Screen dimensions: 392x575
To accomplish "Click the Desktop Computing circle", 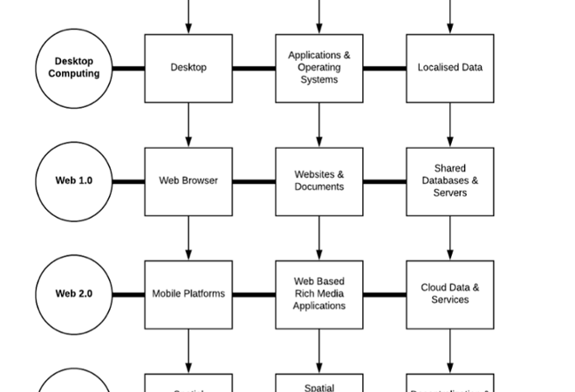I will tap(74, 68).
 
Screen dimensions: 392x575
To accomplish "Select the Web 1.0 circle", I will tap(74, 181).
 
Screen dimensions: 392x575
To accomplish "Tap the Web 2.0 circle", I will tap(74, 294).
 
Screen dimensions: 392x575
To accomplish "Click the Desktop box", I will tap(188, 68).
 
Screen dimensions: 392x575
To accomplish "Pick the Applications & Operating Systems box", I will tap(319, 68).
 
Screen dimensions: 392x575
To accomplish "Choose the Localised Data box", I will tap(450, 68).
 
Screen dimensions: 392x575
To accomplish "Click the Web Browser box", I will tap(188, 181).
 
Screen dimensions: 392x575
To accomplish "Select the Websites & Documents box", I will tap(319, 181).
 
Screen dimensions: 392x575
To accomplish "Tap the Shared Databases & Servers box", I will tap(450, 181).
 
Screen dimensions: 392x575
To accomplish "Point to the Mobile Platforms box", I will tap(188, 294).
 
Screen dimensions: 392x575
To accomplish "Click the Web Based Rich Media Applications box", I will tap(319, 294).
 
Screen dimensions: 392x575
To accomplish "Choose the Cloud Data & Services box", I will tap(450, 294).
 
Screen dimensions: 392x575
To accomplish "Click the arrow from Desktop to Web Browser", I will tap(188, 125).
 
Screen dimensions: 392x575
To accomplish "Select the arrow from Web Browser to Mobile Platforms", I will tap(188, 238).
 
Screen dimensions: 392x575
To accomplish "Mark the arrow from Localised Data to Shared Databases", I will tap(450, 125).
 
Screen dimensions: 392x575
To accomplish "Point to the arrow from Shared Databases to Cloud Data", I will tap(450, 238).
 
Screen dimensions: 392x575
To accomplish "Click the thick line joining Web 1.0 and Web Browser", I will tap(129, 181).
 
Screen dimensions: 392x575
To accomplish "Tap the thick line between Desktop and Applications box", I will tap(254, 68).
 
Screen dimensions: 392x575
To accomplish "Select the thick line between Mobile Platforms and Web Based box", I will tap(254, 294).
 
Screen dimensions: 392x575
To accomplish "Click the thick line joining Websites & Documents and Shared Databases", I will tap(385, 181).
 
